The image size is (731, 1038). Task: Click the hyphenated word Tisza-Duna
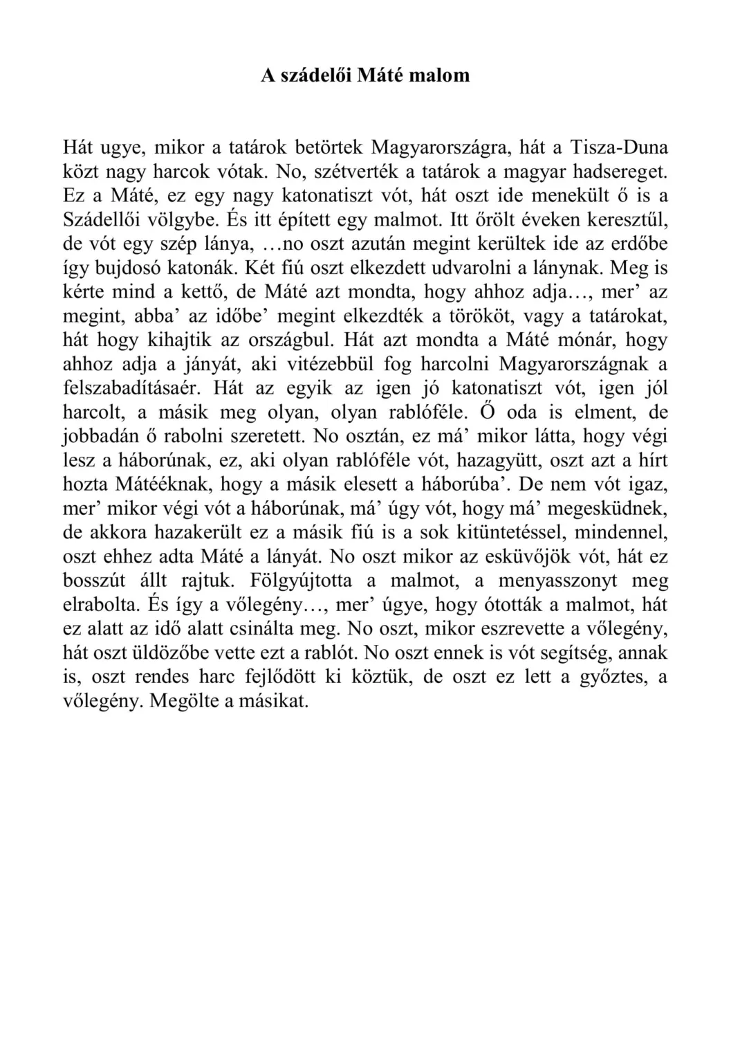click(620, 147)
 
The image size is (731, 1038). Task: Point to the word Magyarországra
click(440, 147)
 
